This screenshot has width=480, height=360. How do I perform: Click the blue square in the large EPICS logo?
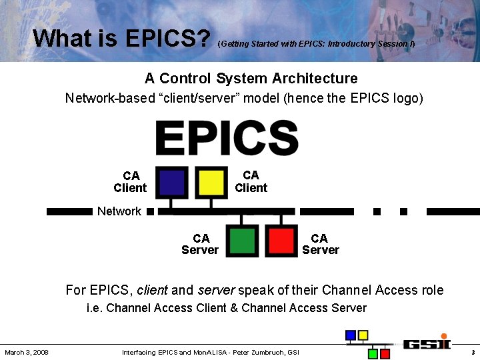pyautogui.click(x=172, y=182)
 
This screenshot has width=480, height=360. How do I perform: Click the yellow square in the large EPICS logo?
pyautogui.click(x=211, y=182)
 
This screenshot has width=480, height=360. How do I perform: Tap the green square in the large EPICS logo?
pyautogui.click(x=242, y=240)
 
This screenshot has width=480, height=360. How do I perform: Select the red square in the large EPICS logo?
pyautogui.click(x=281, y=240)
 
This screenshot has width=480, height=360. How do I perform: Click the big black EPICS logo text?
pyautogui.click(x=227, y=138)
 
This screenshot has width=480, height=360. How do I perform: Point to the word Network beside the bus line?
pyautogui.click(x=119, y=211)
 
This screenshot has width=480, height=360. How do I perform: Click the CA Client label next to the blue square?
pyautogui.click(x=130, y=182)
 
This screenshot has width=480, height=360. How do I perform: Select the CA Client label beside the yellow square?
pyautogui.click(x=251, y=181)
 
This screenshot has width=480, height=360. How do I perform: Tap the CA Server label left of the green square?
pyautogui.click(x=200, y=244)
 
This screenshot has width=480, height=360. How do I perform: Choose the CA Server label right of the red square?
pyautogui.click(x=320, y=244)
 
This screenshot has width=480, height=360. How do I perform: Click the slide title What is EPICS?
pyautogui.click(x=122, y=38)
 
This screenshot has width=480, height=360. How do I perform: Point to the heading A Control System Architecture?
pyautogui.click(x=251, y=79)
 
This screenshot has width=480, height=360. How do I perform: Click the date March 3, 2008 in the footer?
pyautogui.click(x=26, y=352)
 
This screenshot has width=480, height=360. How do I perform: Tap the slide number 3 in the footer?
pyautogui.click(x=473, y=352)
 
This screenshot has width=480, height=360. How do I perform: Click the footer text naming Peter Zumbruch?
pyautogui.click(x=211, y=352)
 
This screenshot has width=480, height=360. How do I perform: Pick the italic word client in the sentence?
pyautogui.click(x=152, y=290)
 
